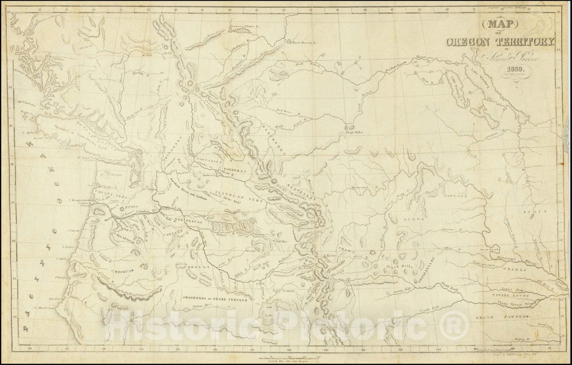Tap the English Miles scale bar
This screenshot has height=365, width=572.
[x=290, y=359]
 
